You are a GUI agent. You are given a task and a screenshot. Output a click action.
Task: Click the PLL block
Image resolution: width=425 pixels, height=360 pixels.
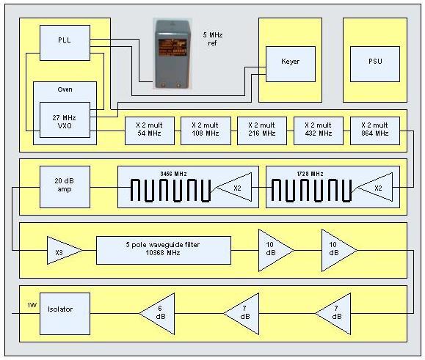click(x=65, y=43)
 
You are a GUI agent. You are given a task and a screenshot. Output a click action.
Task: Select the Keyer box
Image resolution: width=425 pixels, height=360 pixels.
click(x=290, y=64)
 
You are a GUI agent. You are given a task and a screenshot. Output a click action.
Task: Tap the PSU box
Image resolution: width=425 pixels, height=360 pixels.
click(x=375, y=64)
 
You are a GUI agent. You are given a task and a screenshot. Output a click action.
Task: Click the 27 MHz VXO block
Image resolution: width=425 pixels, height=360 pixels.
click(x=65, y=120)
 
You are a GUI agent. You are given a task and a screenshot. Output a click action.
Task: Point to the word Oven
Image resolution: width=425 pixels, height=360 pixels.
click(x=65, y=89)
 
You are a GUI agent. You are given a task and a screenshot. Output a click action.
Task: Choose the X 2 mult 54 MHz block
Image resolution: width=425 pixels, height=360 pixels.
click(x=149, y=131)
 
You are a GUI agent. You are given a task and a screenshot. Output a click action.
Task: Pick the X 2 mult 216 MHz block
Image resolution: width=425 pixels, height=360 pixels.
click(x=262, y=131)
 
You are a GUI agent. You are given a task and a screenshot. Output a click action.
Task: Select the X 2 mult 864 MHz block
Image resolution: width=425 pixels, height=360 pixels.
click(x=375, y=131)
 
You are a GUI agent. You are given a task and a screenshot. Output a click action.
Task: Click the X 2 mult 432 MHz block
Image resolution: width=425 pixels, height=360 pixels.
click(x=319, y=131)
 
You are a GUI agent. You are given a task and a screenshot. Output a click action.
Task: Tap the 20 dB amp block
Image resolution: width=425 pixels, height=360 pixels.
click(x=65, y=187)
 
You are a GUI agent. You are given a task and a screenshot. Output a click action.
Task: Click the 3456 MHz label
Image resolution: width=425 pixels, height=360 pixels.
click(x=173, y=174)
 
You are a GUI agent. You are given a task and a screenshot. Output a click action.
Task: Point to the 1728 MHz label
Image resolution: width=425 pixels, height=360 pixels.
click(x=310, y=174)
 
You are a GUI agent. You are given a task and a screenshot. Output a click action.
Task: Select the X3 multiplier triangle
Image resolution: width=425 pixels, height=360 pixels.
click(x=64, y=250)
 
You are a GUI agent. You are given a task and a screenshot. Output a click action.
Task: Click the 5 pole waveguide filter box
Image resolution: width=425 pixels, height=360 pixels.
click(x=164, y=250)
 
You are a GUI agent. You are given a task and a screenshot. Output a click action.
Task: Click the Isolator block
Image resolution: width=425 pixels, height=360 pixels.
click(x=65, y=314)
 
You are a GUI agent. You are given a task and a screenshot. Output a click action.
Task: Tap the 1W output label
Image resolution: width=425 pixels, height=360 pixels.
click(x=32, y=305)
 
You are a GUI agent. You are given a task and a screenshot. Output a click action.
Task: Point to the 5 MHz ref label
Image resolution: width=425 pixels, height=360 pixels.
click(x=213, y=39)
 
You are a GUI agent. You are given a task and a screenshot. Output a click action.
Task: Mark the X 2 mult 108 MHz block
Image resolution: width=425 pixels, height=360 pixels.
click(x=206, y=131)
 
